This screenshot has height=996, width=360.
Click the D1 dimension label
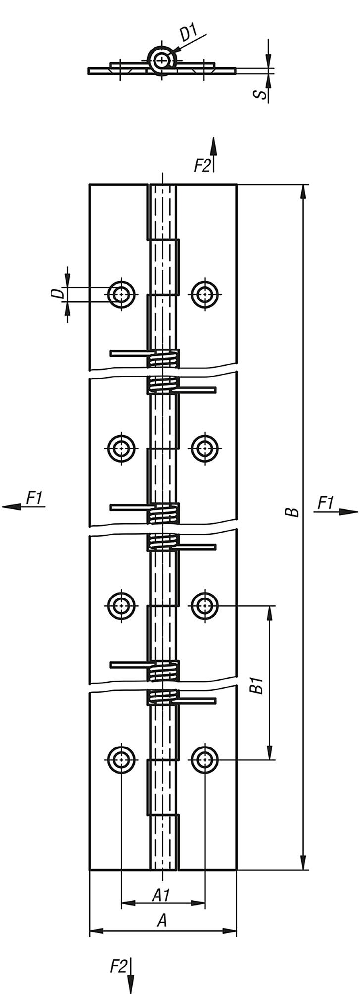[x=188, y=34]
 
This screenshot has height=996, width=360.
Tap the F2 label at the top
[x=202, y=166]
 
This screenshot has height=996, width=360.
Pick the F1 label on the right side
[x=325, y=503]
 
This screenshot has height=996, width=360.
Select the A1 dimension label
[x=161, y=895]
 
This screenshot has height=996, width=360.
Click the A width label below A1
[x=162, y=920]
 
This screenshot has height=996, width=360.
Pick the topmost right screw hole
[x=205, y=295]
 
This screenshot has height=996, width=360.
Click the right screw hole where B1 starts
[x=205, y=605]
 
